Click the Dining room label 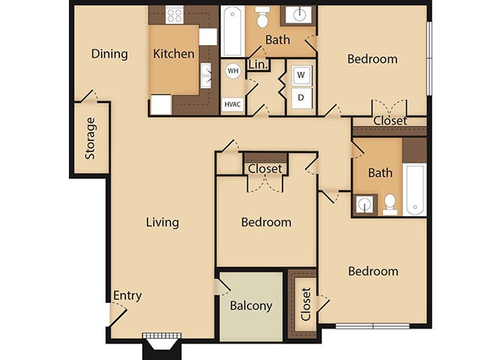[109, 54]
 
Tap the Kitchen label [174, 54]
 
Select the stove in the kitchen [175, 14]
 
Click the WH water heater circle [232, 71]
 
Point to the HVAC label [232, 104]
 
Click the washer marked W [301, 75]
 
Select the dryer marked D [301, 97]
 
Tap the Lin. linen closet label [257, 64]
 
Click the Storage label [91, 138]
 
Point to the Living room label [162, 222]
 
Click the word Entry [127, 295]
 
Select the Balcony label [250, 306]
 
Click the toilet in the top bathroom [263, 16]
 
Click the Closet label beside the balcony [305, 304]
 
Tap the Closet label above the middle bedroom [264, 169]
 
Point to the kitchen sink [206, 75]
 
